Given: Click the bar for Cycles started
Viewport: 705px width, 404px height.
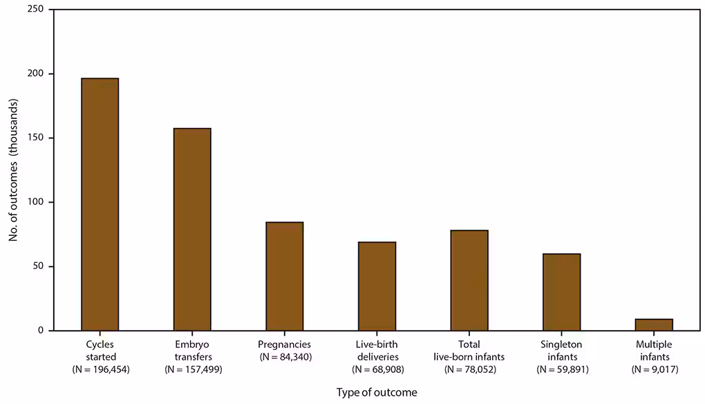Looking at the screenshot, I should tap(100, 204).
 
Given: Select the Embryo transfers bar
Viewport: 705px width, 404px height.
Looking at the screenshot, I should tap(192, 229).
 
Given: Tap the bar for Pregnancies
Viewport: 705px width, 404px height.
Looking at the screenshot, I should tap(285, 276).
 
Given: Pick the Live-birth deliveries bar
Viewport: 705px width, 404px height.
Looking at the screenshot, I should tap(377, 286).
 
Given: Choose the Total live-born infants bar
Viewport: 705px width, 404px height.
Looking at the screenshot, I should tap(469, 280).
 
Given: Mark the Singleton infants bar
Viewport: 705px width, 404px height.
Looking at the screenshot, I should tap(561, 292).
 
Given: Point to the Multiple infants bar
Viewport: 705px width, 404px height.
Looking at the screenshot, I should tap(654, 324).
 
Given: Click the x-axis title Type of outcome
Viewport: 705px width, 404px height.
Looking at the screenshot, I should tap(377, 392).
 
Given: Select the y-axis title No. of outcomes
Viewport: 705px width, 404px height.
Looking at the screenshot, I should tap(13, 169).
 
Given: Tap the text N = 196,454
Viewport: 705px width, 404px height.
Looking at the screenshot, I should tap(100, 369).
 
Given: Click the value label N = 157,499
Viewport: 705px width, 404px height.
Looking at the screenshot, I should tap(192, 369).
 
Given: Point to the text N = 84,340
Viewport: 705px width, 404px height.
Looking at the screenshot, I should tap(285, 357).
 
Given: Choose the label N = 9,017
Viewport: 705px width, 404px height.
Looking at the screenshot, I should tap(654, 369).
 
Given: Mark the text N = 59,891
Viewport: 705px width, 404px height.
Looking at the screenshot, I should tap(561, 369).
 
